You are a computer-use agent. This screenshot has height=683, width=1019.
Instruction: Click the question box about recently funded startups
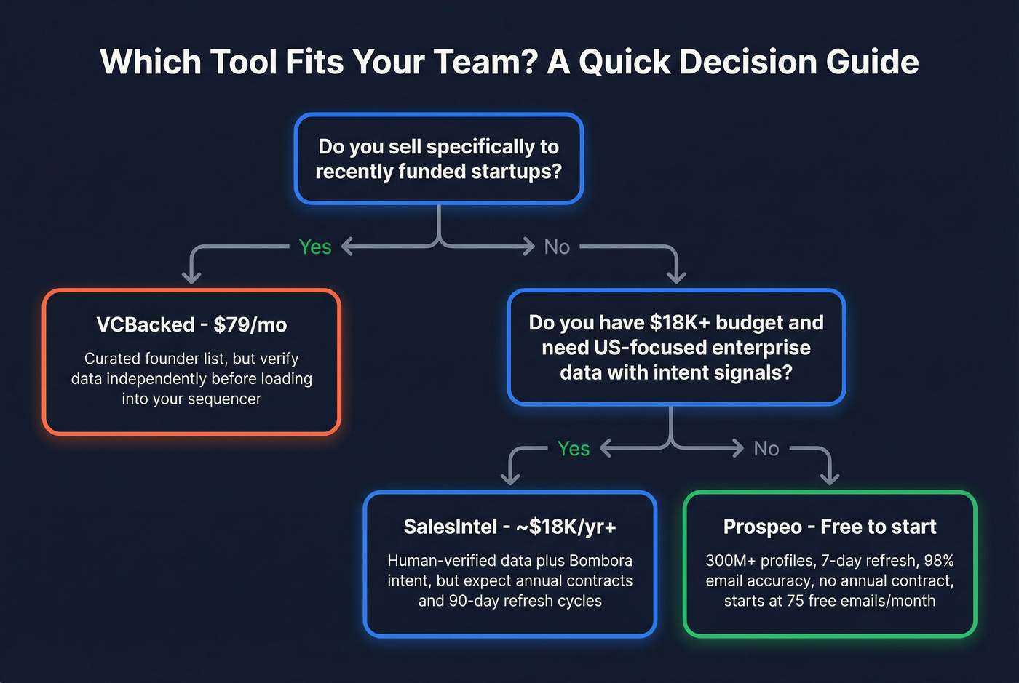pos(438,159)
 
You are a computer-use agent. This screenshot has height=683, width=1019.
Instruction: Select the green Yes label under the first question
pos(315,247)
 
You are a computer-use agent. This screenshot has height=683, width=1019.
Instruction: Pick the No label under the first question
pos(557,247)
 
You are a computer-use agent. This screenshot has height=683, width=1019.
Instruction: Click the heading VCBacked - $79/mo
pos(191,324)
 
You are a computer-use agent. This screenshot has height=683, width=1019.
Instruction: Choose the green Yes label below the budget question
pos(574,449)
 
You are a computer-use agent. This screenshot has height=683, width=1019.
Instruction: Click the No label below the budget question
pos(766,449)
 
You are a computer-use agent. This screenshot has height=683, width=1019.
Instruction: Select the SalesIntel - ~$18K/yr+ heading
pos(509,527)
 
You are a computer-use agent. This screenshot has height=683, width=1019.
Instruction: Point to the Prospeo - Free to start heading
pos(829,527)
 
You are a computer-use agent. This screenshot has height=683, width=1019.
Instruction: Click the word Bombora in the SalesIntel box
pos(600,561)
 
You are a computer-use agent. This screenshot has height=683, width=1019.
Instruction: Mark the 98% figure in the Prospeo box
pos(939,561)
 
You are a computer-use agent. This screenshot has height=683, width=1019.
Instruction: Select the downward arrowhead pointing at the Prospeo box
pos(829,479)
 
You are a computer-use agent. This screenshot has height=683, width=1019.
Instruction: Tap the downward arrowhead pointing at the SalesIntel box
pos(510,479)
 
